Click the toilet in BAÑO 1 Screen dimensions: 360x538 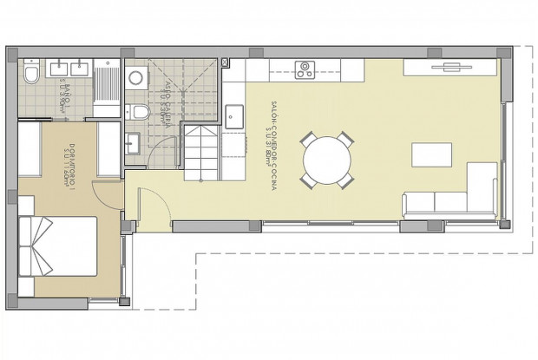tap(31, 75)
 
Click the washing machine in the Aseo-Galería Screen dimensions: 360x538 tap(136, 79)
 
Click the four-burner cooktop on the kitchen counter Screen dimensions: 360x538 tap(305, 69)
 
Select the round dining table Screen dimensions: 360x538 tap(326, 159)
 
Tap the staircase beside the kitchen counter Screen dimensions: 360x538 tap(201, 151)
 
